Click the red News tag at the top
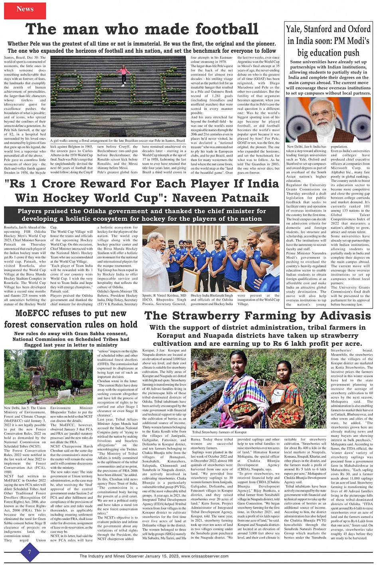pyautogui.click(x=25, y=9)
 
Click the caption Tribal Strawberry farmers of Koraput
pyautogui.click(x=219, y=432)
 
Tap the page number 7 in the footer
pyautogui.click(x=29, y=552)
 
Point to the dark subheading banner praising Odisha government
pyautogui.click(x=142, y=215)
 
